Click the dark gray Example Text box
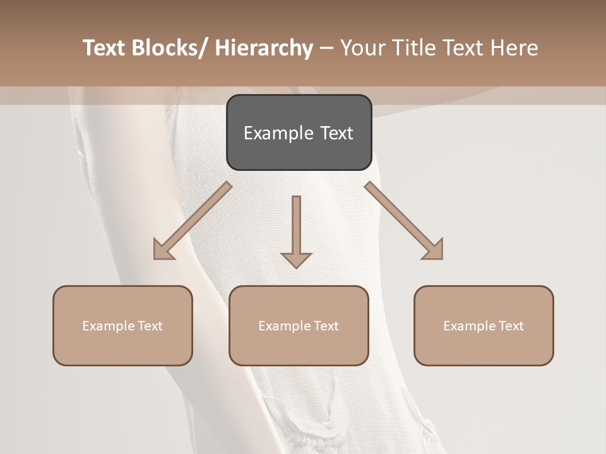pos(299,132)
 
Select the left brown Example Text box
pos(122,325)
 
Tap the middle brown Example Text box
pos(298,325)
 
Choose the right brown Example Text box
pos(484,325)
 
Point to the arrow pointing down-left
pos(193,221)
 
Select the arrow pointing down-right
pos(404,221)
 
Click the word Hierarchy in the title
pos(264,48)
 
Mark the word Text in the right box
pos(511,326)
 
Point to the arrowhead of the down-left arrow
pos(162,250)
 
